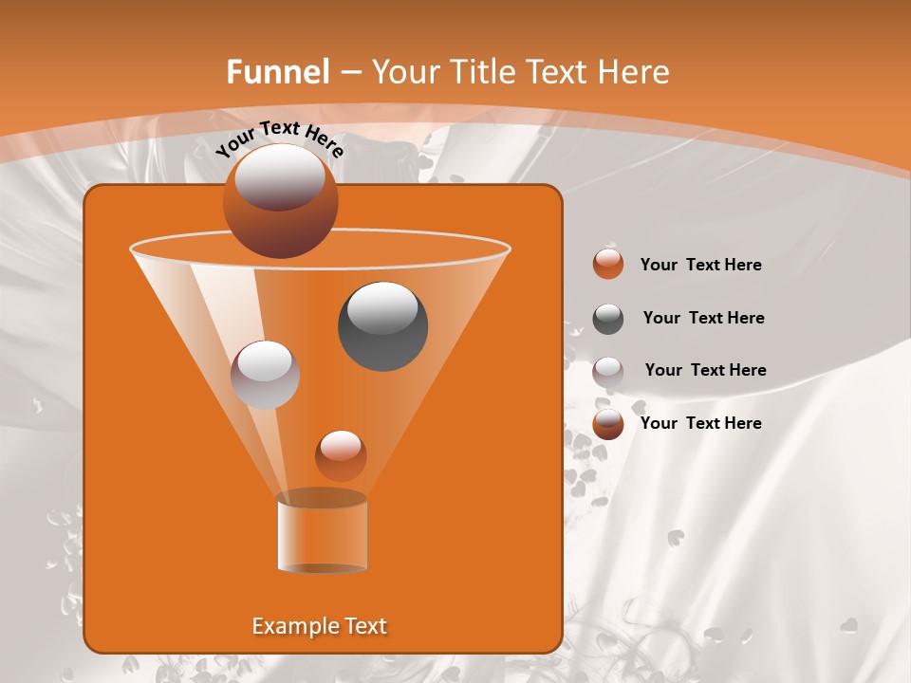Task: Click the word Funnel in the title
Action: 277,72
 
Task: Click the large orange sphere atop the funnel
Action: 280,201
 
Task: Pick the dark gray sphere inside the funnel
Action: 382,326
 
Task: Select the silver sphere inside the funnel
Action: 265,374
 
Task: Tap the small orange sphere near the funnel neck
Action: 341,455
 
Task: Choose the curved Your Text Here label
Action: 280,138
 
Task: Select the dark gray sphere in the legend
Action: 608,319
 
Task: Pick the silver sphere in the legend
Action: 608,371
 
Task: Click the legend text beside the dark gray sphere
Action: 703,318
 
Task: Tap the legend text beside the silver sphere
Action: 705,370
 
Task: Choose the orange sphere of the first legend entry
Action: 608,265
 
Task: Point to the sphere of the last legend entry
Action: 608,424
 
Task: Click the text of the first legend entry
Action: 700,265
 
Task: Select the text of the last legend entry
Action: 700,423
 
